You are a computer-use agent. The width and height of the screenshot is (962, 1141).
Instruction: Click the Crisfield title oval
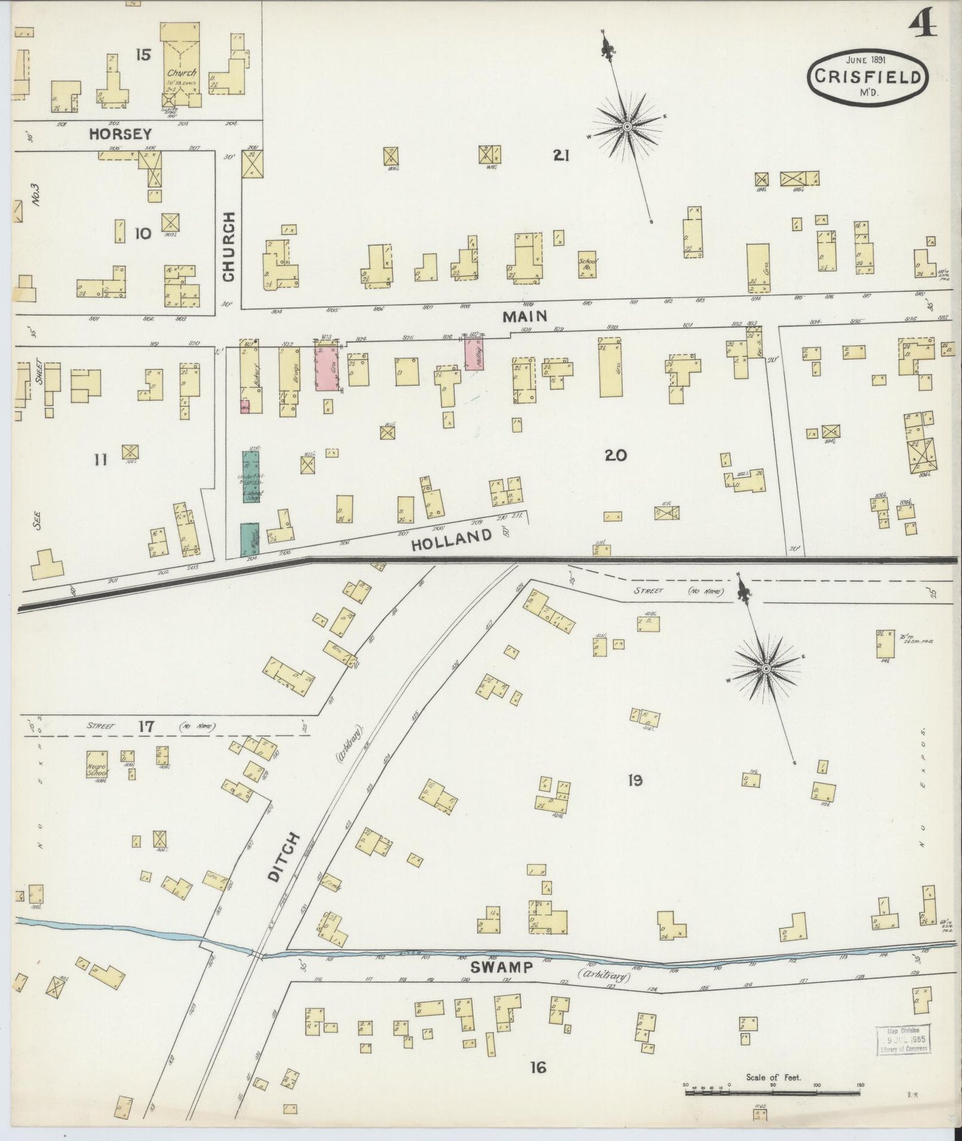tap(867, 77)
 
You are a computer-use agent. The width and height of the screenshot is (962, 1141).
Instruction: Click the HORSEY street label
tap(120, 134)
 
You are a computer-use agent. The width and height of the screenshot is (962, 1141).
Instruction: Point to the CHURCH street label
tap(228, 246)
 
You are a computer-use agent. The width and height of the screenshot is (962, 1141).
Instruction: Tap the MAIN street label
tap(525, 316)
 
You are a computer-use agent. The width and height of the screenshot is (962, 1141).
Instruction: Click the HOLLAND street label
tap(451, 540)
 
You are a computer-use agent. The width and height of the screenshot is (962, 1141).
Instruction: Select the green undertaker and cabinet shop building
tap(251, 477)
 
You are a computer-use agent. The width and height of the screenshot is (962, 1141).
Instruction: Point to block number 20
tap(615, 455)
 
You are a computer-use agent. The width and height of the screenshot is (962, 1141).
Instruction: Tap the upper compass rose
tap(627, 126)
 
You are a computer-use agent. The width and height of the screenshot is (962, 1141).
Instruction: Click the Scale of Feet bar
tap(772, 1092)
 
